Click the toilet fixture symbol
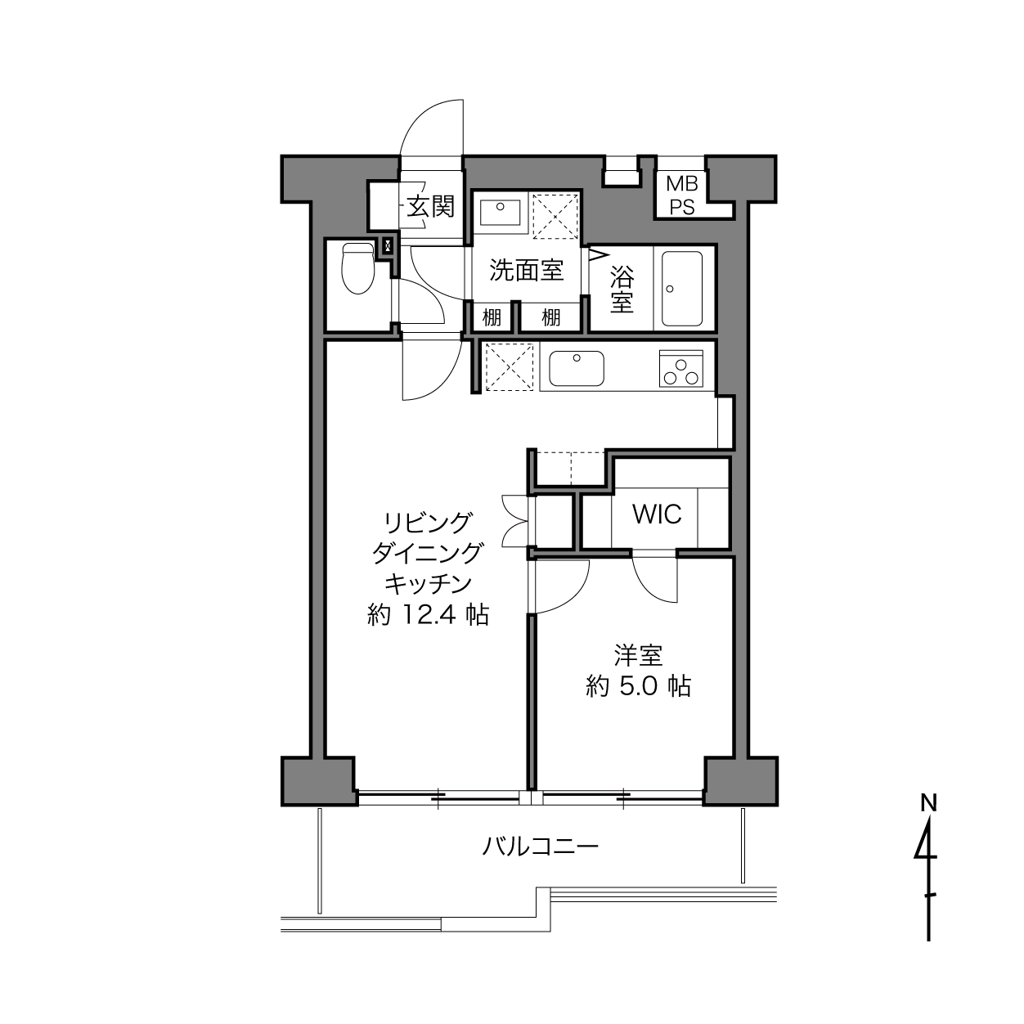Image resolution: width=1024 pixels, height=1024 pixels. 357,268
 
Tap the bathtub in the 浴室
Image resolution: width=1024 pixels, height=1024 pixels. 681,289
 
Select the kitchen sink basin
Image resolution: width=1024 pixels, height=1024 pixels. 577,368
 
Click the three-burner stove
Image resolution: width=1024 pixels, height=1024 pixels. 680,368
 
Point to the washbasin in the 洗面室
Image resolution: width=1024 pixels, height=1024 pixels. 500,213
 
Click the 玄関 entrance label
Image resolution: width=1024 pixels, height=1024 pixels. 431,207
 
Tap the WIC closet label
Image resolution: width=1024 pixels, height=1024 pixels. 657,514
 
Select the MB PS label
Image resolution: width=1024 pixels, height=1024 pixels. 682,195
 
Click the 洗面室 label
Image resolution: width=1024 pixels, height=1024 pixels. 526,270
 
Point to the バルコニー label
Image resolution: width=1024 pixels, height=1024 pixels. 540,847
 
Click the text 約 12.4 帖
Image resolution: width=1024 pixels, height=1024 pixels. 428,615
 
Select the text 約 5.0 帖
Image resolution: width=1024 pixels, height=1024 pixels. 638,686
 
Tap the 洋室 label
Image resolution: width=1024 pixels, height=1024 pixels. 638,655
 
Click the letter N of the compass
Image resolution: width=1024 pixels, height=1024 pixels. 929,803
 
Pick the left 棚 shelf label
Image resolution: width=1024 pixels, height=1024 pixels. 492,318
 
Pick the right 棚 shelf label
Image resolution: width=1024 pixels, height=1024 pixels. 550,318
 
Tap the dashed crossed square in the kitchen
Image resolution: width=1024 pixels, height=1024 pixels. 509,366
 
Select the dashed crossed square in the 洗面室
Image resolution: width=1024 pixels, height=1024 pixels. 555,217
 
